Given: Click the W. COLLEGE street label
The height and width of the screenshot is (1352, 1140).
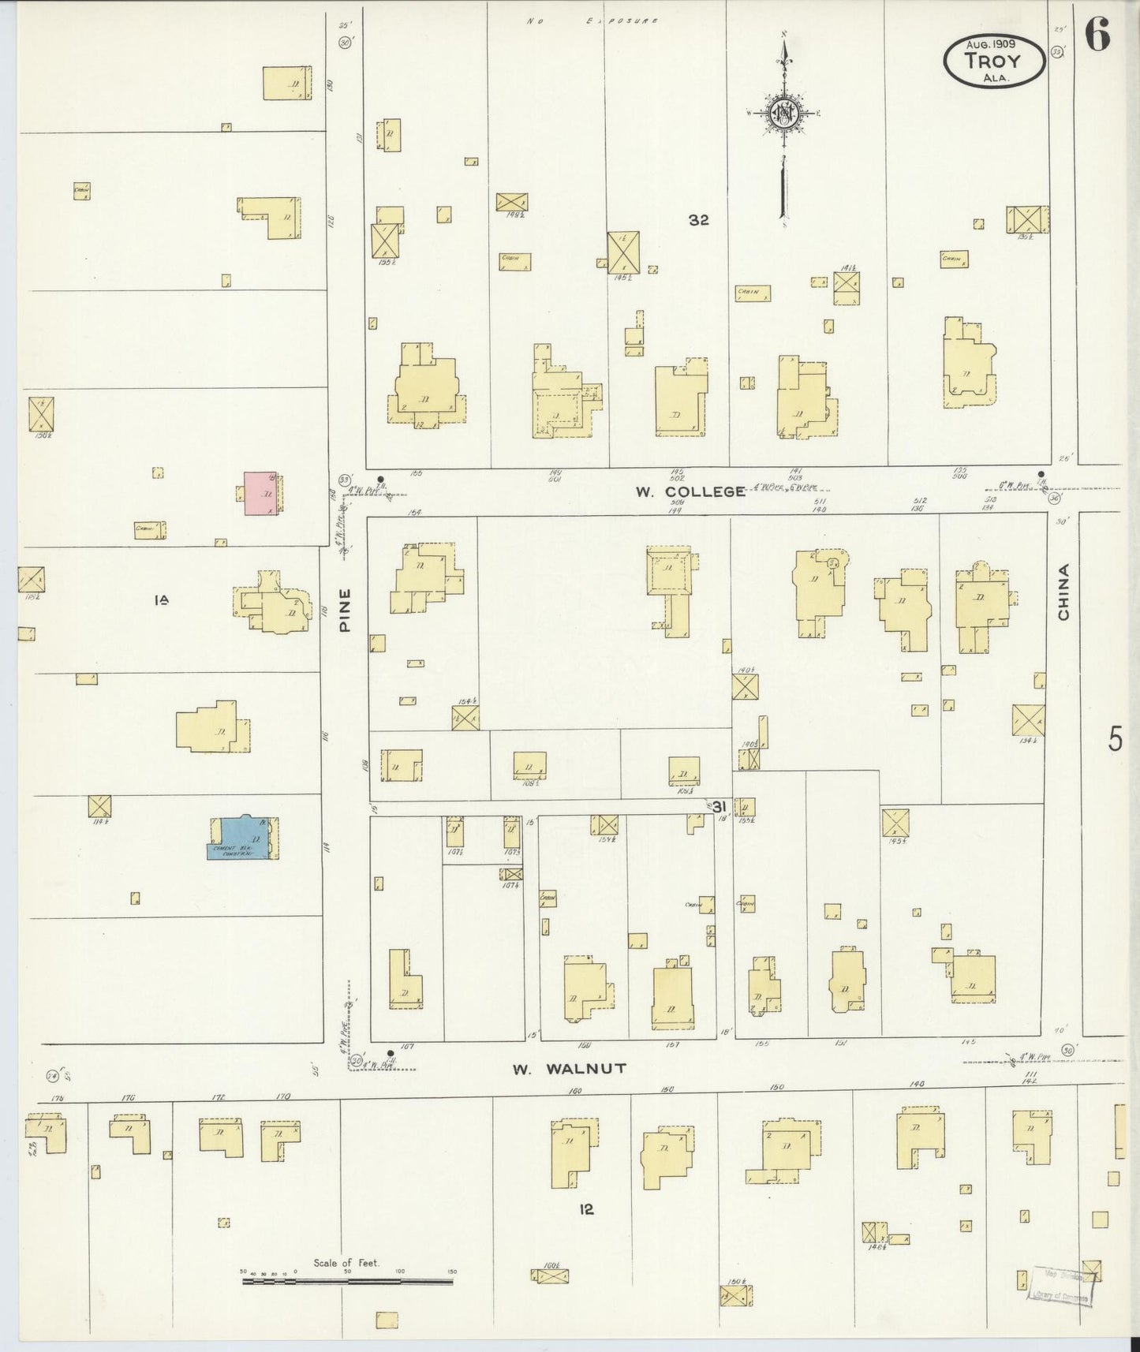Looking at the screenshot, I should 690,491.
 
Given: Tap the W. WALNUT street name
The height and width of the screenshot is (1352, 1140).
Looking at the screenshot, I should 569,1069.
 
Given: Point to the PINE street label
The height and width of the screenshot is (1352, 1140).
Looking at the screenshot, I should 345,611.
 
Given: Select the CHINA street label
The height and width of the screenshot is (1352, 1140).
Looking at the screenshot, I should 1063,592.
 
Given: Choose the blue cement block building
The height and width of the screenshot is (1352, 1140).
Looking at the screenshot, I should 241,838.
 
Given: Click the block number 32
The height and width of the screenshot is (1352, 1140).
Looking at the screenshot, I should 698,221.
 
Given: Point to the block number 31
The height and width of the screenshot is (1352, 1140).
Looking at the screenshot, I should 718,806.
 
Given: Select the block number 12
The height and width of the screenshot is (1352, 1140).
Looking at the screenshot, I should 585,1209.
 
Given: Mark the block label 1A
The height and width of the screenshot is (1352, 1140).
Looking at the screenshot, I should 162,600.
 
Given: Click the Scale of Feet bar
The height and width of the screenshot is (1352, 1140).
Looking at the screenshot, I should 347,1281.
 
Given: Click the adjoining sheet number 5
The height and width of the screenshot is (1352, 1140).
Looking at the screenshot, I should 1115,739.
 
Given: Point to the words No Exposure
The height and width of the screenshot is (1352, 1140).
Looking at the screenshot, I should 592,21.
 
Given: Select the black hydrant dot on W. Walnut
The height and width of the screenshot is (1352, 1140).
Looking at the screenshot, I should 391,1052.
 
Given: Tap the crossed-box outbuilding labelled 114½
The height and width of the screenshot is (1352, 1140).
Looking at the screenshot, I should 99,806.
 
